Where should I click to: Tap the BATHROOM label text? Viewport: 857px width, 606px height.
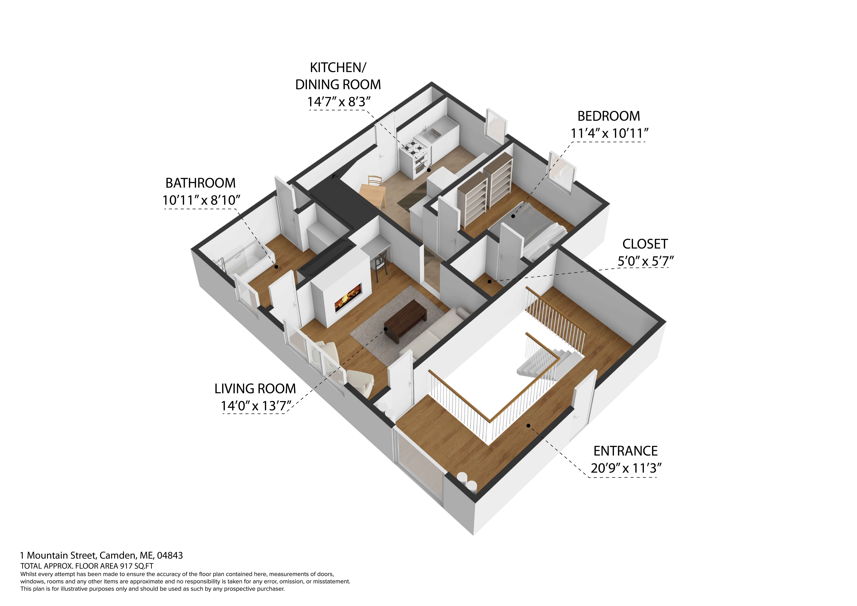click(x=200, y=183)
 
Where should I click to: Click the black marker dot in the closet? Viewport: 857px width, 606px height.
click(x=489, y=281)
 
